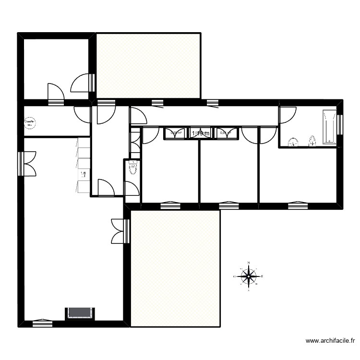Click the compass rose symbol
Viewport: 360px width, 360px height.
point(249,276)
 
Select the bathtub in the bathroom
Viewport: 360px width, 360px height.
point(329,126)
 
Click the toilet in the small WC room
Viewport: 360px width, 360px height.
point(132,168)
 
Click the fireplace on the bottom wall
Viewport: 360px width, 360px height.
point(80,313)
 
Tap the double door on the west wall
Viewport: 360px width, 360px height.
point(28,164)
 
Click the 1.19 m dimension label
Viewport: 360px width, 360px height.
point(201,133)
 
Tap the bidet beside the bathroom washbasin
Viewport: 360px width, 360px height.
point(312,141)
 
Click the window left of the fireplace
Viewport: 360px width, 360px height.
point(42,323)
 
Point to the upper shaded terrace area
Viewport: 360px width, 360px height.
point(148,66)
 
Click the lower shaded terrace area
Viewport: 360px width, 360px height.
point(175,269)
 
